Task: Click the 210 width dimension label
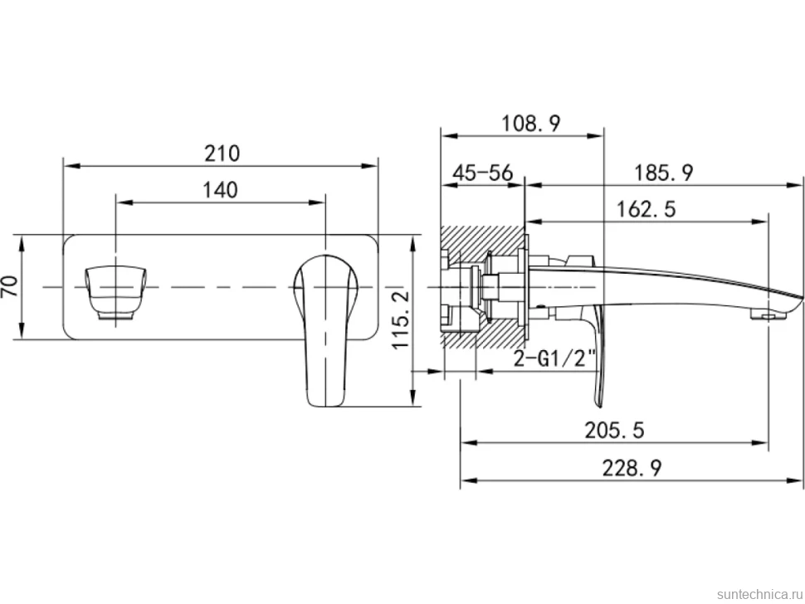222,153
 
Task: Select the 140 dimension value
220,190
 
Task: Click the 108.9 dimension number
531,124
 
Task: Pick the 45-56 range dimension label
483,173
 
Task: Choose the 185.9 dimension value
664,173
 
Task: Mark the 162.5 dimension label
646,209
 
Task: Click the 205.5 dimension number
614,430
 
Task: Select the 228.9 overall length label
632,468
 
